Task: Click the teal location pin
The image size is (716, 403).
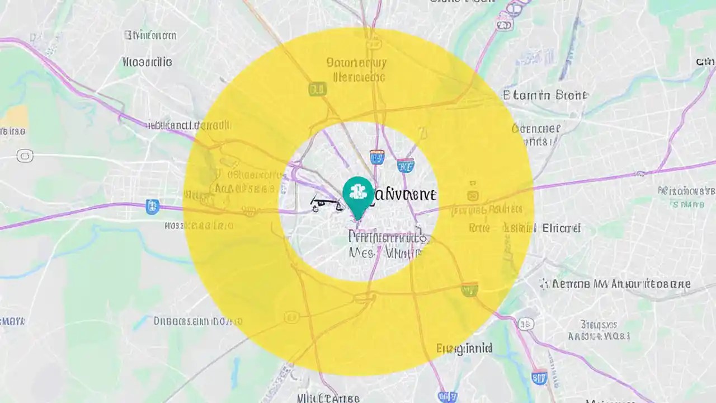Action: coord(357,196)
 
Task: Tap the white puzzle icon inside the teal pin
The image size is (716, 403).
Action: coord(357,192)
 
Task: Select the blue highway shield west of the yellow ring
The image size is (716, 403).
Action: coord(152,207)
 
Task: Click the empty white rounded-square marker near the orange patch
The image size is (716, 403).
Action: coord(25,156)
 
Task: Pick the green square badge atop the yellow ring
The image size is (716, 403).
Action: coord(317,88)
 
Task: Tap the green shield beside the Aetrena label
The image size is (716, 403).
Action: coord(469,289)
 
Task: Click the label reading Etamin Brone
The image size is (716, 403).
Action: coord(545,95)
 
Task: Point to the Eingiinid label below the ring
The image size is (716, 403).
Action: coord(464,349)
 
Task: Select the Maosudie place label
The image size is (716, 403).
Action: coord(147,62)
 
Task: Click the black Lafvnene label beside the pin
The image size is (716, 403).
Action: coord(404,194)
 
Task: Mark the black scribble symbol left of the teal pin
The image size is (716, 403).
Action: coord(326,206)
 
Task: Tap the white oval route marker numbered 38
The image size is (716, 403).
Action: coord(525,324)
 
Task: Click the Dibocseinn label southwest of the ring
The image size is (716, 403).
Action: coord(198,321)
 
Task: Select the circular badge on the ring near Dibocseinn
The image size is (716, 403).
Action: coord(291,318)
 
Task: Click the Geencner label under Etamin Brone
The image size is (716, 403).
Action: coord(535,129)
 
